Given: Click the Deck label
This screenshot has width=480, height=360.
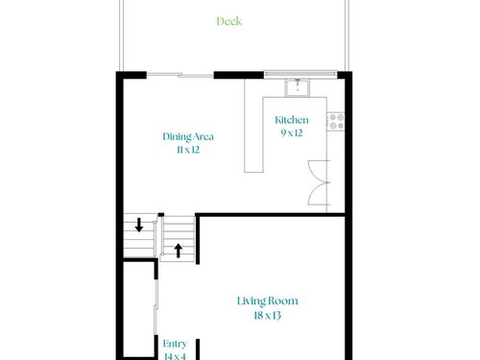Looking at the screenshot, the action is pos(229,21).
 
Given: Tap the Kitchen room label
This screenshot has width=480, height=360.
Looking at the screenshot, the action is pos(292,120).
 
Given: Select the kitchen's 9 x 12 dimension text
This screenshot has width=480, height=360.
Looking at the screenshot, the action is pos(292,132).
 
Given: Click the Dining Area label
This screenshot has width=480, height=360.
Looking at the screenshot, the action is pos(188,136).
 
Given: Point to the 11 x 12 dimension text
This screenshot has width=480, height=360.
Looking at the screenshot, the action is pos(188,150).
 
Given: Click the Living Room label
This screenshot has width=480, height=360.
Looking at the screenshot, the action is pos(268,301).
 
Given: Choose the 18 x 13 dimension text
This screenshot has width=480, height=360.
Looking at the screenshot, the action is pos(268,316).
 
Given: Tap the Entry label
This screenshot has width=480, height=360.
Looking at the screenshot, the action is pos(175,344).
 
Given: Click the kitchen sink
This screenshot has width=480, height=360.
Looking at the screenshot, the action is pos(298,87).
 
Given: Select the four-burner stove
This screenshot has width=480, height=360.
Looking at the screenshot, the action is pos(336,122).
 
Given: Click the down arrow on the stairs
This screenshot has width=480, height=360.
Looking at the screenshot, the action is pos(139,225).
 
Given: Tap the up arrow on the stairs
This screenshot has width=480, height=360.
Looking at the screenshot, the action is pos(179,251).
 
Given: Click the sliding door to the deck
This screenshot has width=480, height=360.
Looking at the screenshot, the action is pos(180,75).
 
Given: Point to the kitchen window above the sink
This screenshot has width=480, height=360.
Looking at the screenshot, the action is pos(300,74).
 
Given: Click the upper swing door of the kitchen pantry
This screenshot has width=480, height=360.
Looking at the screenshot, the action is pos(318,172).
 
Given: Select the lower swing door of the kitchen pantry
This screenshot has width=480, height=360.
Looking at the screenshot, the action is pos(318,194).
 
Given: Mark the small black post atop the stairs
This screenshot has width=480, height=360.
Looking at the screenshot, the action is pos(161,214).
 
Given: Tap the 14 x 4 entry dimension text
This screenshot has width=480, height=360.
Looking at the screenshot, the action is pos(175,356).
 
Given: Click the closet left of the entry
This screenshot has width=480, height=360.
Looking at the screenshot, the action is pos(139,309).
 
